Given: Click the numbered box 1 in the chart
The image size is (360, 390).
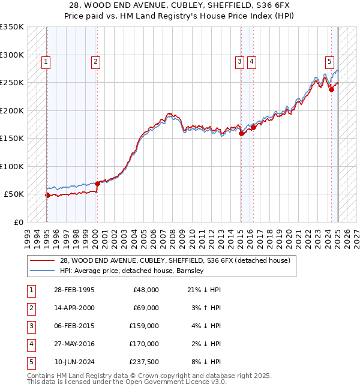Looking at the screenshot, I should click(x=46, y=61).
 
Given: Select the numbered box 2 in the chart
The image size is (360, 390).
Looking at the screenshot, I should click(x=96, y=61).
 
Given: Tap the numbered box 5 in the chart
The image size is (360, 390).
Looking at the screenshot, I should click(x=329, y=61).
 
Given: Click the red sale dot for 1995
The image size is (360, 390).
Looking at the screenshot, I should click(x=47, y=195).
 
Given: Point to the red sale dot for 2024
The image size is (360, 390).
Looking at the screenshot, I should click(x=331, y=89).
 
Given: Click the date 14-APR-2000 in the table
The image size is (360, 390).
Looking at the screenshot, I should click(x=73, y=308).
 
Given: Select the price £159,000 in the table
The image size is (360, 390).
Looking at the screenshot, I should click(x=144, y=326).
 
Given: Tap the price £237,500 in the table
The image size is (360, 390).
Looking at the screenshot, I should click(x=144, y=362).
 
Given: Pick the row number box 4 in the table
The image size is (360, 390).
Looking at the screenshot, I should click(x=29, y=344).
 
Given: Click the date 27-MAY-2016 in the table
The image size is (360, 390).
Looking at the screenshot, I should click(x=74, y=344).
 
